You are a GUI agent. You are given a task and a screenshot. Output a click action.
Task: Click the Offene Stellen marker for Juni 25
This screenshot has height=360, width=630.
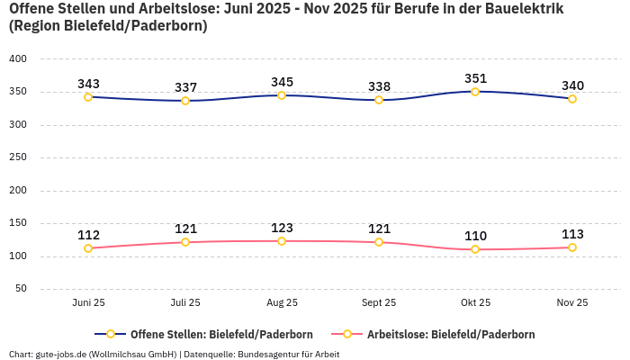pos(88,97)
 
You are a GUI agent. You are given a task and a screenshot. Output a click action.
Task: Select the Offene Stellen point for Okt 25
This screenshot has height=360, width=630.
pos(475,92)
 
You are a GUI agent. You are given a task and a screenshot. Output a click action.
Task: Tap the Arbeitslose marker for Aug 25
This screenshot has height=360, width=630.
pos(282,241)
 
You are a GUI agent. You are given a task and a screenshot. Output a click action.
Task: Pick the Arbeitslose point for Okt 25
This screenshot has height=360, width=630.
pos(475,249)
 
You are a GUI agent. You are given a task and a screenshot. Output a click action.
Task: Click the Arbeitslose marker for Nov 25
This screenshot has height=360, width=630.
pos(572,247)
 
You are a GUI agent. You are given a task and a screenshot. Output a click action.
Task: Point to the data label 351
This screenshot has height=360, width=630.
pos(475,78)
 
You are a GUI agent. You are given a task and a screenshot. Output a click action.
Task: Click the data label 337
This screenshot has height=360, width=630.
pos(185,87)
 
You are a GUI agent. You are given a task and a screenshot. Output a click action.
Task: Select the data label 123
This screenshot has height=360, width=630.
pos(282,228)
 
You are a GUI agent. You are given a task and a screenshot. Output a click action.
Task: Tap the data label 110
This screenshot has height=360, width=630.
pos(475,236)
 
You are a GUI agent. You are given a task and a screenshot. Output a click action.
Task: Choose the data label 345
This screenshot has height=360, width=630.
pos(282,82)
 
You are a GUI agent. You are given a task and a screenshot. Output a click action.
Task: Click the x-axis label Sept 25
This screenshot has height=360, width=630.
pos(379,303)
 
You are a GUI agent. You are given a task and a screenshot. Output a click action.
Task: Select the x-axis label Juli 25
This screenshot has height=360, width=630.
pos(185,303)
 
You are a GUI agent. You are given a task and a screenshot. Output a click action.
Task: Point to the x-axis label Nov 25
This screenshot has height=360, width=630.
pos(572,303)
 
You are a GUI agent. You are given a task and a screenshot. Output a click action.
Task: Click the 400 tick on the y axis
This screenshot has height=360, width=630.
pos(18,58)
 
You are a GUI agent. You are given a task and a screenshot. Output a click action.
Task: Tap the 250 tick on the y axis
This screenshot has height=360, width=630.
pos(18,157)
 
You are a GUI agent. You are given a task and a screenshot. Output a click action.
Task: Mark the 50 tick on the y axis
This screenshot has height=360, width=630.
pos(21,289)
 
